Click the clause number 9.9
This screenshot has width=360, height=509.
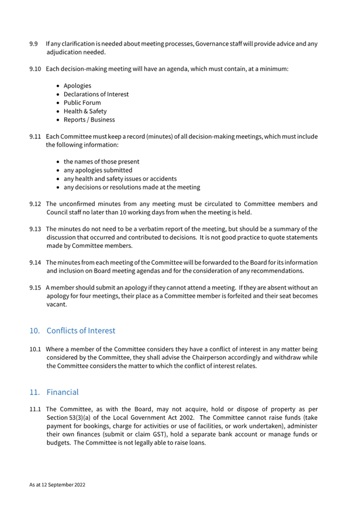click(x=33, y=43)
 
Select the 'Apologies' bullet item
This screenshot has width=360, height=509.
click(x=77, y=86)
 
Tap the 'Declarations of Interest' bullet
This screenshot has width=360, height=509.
click(x=96, y=94)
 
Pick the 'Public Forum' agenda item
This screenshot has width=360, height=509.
click(x=82, y=103)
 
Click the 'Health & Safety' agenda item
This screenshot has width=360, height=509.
click(x=85, y=111)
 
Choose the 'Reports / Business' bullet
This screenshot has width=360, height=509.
click(x=89, y=120)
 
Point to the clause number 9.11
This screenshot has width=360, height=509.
click(x=35, y=137)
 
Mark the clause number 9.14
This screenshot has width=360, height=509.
click(x=35, y=263)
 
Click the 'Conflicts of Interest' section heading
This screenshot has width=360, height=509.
click(x=81, y=331)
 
